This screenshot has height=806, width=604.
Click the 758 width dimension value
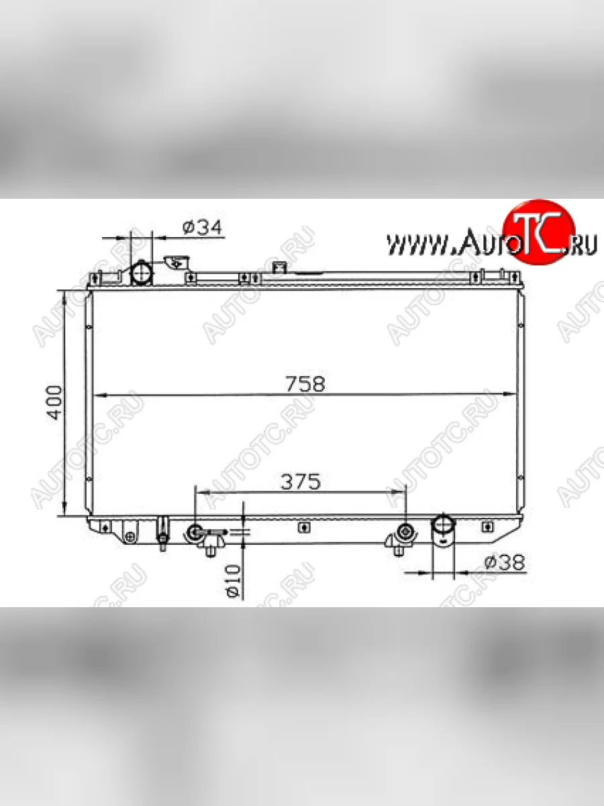point(305,384)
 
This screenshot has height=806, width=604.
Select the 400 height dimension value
point(54,402)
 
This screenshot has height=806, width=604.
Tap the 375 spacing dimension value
point(301,482)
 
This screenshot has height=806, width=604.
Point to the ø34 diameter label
point(202,228)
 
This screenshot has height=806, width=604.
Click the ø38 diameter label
point(505,562)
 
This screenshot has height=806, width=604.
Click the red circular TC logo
point(539,232)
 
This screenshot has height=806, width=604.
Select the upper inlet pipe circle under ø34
point(142,272)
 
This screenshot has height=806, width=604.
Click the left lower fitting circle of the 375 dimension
point(195,531)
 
